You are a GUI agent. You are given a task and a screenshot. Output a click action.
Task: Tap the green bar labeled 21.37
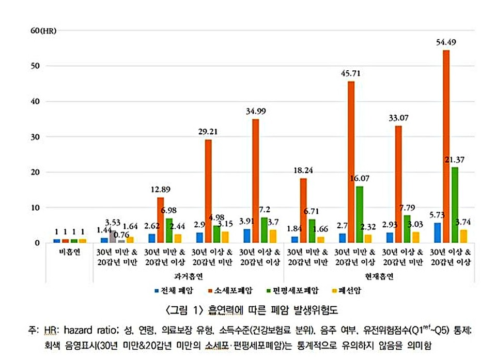click(x=455, y=205)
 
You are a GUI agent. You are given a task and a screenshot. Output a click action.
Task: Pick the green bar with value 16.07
click(x=360, y=214)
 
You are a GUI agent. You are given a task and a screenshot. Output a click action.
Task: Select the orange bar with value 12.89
click(x=161, y=220)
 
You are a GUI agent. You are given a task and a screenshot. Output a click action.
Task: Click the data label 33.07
click(x=398, y=118)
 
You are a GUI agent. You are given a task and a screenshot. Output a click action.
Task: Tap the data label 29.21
click(x=208, y=132)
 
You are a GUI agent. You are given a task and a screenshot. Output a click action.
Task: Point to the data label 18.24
click(x=303, y=170)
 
